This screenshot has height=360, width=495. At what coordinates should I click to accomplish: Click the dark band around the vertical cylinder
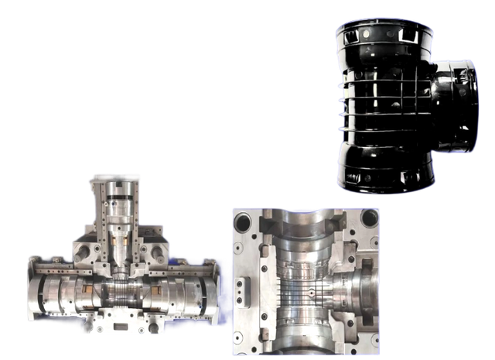(114, 225)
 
